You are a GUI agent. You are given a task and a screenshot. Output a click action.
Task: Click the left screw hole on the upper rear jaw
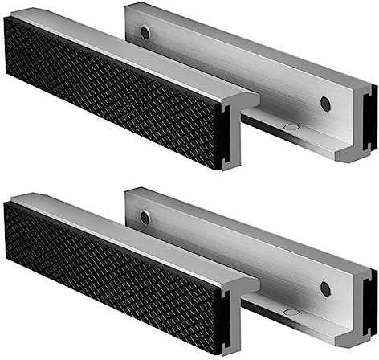click(145, 33)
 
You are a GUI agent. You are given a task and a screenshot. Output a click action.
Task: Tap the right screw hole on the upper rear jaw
click(325, 104)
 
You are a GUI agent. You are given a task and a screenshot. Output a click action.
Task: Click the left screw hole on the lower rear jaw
click(145, 217)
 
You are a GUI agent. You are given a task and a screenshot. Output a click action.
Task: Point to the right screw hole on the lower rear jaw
click(325, 288)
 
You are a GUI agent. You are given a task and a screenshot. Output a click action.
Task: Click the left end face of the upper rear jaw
click(130, 24)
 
